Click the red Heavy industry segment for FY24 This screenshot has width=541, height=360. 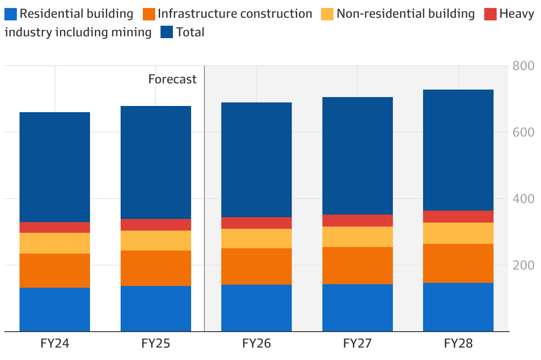pos(55,227)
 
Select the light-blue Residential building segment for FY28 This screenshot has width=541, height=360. pos(458,307)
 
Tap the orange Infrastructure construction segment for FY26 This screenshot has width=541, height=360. pos(256,266)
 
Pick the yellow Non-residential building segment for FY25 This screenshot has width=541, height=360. pos(156,240)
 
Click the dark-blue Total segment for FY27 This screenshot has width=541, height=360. pos(357,156)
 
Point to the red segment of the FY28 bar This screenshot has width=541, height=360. pos(458,216)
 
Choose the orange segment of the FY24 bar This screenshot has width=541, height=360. pos(55,270)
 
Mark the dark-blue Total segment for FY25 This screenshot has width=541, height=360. pos(156,162)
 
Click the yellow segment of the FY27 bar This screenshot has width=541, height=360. pos(357,237)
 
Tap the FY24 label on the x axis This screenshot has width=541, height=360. pos(55,344)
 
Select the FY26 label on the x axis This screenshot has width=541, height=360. pos(256,344)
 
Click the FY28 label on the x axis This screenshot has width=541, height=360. pos(458,344)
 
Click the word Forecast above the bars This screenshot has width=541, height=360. pos(172,79)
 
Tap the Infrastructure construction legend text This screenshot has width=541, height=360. pos(235,14)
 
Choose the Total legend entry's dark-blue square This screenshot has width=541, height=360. pos(167,32)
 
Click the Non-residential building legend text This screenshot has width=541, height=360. pos(405,14)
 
